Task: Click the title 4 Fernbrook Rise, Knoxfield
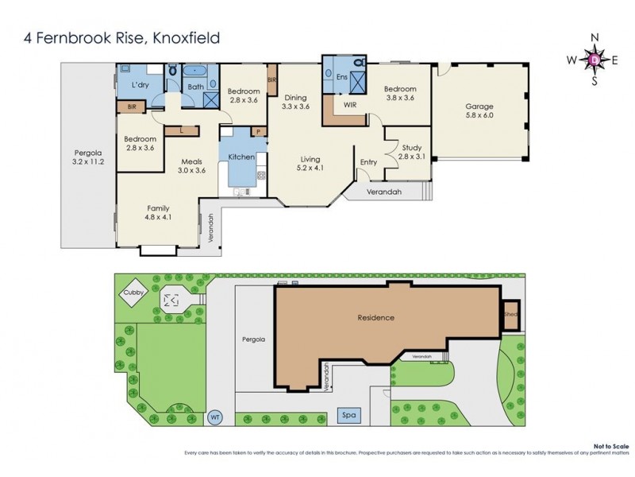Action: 112,37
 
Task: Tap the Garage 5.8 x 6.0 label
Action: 479,111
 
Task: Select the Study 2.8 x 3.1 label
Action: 410,151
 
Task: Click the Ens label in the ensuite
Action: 341,77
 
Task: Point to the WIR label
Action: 350,104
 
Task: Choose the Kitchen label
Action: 241,157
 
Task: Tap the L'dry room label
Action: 141,84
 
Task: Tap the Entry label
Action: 368,162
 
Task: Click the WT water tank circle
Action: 214,417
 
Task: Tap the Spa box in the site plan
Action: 347,415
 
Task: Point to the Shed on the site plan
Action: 511,312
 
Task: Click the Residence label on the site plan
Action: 375,317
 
